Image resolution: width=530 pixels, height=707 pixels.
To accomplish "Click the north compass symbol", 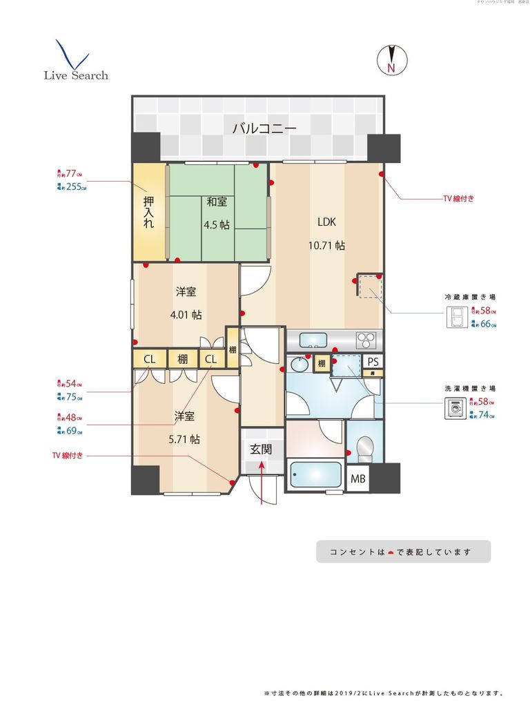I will tap(391, 60).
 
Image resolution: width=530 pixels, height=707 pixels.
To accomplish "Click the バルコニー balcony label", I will tap(264, 128).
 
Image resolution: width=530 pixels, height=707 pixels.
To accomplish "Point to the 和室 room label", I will tap(216, 202).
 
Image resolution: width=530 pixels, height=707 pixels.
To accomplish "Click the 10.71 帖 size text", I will tap(326, 245).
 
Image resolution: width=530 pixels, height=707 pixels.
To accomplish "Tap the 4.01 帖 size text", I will tap(186, 314).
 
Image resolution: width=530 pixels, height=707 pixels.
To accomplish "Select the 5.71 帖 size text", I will tap(184, 438).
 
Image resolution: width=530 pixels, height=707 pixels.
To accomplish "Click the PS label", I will tap(373, 362).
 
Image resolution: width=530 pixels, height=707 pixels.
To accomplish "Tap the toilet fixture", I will tap(364, 449).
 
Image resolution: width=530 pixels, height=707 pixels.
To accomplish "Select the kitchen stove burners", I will tap(366, 340).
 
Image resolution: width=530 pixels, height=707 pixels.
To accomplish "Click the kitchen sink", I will tap(314, 339).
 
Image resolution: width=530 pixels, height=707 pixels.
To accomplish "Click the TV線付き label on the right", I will tap(458, 199).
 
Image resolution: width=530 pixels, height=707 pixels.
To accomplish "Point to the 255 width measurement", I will tap(75, 186).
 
